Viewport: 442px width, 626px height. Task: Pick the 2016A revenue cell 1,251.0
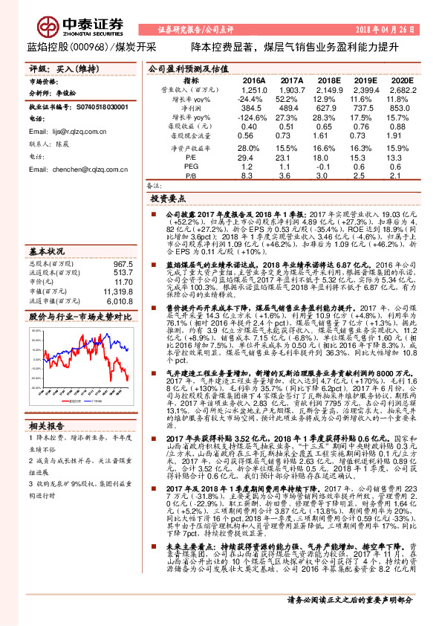253,89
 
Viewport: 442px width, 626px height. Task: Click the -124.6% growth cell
250,117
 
